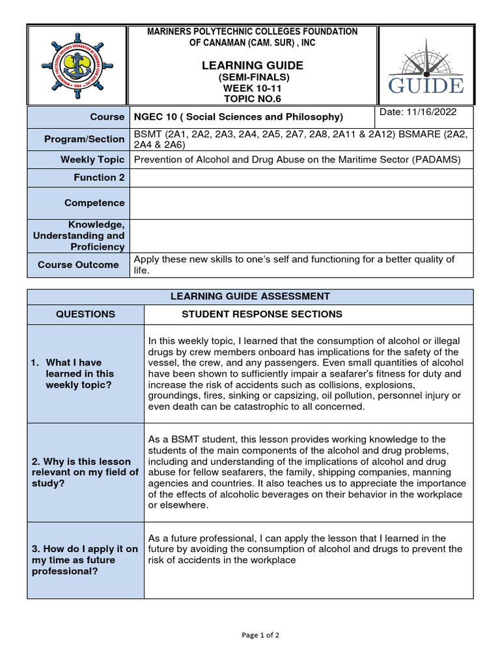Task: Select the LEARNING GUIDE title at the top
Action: [x=252, y=65]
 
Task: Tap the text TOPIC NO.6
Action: [x=252, y=98]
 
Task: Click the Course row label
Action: [x=107, y=116]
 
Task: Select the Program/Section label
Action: [x=84, y=139]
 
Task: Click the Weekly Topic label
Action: [x=92, y=159]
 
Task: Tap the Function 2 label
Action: [x=98, y=178]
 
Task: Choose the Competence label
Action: [x=94, y=203]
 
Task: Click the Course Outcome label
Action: [x=78, y=265]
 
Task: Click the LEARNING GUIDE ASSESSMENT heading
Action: [x=250, y=297]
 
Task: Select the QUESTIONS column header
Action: [x=85, y=314]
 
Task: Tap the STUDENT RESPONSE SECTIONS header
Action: [x=262, y=314]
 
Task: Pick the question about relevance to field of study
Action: [x=85, y=473]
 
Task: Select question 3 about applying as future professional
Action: [x=85, y=560]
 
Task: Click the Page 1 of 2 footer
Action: [x=250, y=635]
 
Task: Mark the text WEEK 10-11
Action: [x=252, y=88]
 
